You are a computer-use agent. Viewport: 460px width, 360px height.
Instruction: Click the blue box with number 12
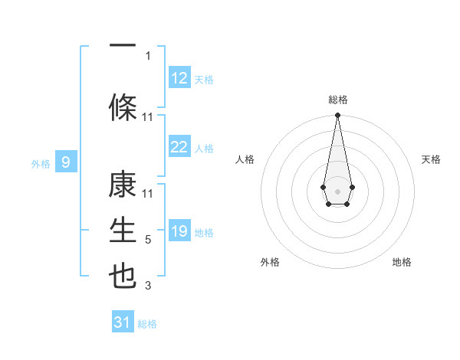coord(179,78)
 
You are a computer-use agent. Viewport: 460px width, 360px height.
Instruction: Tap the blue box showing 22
coord(179,147)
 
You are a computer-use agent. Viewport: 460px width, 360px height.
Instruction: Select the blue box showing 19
coord(179,231)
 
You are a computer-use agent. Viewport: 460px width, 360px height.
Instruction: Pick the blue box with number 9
coord(66,162)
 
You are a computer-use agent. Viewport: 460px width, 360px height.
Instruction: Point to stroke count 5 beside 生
coord(148,240)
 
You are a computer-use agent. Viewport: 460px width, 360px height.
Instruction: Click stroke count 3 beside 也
coord(148,286)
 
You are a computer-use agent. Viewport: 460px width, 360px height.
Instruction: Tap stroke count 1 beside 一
coord(148,55)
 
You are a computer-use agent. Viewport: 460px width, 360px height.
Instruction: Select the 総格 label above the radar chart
coord(338,100)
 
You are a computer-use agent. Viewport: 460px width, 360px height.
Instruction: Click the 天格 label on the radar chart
coord(432,159)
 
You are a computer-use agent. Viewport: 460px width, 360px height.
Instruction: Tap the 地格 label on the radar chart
coord(402,262)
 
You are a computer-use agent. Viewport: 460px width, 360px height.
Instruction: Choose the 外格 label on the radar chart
coord(270,262)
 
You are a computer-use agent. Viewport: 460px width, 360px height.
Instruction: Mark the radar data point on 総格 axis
coord(337,116)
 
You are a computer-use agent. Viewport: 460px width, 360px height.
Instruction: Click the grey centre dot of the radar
coord(337,190)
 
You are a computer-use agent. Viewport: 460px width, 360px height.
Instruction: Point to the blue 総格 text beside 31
coord(147,324)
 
